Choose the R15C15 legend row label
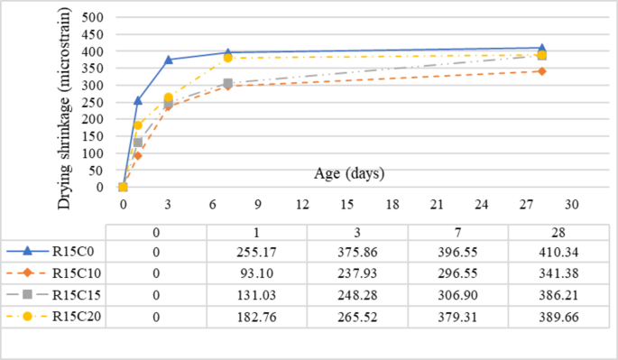pyautogui.click(x=77, y=295)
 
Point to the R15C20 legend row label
pyautogui.click(x=77, y=318)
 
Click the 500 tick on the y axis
pyautogui.click(x=93, y=18)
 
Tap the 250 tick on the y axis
pyautogui.click(x=93, y=103)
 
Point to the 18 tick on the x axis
pyautogui.click(x=392, y=204)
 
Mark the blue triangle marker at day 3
pyautogui.click(x=168, y=60)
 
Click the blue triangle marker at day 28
pyautogui.click(x=542, y=48)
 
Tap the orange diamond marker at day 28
pyautogui.click(x=542, y=71)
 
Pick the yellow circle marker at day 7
pyautogui.click(x=228, y=59)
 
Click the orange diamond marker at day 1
pyautogui.click(x=138, y=155)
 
